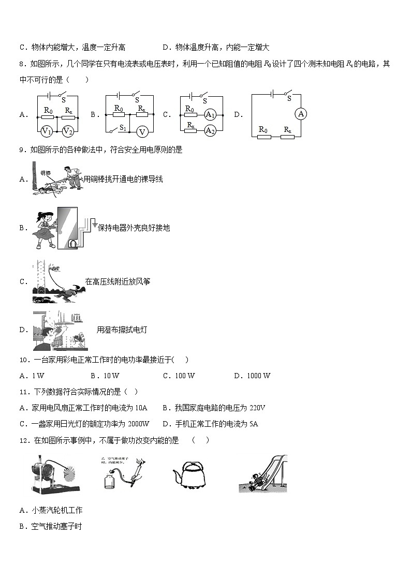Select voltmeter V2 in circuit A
pos(68,131)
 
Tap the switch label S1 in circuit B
pos(123,127)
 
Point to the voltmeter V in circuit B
pos(142,131)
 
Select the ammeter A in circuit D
pos(301,114)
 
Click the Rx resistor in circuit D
pos(287,137)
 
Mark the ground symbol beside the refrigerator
pos(94,226)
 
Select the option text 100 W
pos(184,376)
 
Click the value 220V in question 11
pos(257,408)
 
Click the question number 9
pos(22,150)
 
